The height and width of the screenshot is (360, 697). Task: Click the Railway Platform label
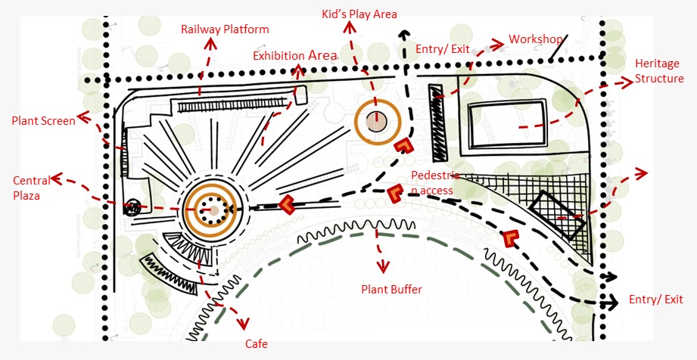[225, 29]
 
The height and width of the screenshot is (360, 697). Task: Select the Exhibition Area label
[294, 56]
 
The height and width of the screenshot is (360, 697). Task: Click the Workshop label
[535, 39]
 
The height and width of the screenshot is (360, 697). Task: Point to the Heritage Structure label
[659, 71]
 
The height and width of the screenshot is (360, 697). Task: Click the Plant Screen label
[43, 120]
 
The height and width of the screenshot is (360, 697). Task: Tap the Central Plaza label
[32, 188]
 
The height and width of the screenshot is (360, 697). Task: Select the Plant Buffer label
[391, 289]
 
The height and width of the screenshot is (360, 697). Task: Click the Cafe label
[256, 344]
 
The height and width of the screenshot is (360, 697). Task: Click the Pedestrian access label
[431, 183]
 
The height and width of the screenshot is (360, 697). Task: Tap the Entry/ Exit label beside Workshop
[443, 49]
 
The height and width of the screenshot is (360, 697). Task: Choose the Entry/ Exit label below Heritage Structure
[655, 300]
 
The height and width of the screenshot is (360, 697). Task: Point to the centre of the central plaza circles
[214, 209]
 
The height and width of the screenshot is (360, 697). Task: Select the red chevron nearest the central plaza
[286, 204]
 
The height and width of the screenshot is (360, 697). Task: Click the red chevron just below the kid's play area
[404, 146]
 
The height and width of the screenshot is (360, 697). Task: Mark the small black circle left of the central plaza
[132, 207]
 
